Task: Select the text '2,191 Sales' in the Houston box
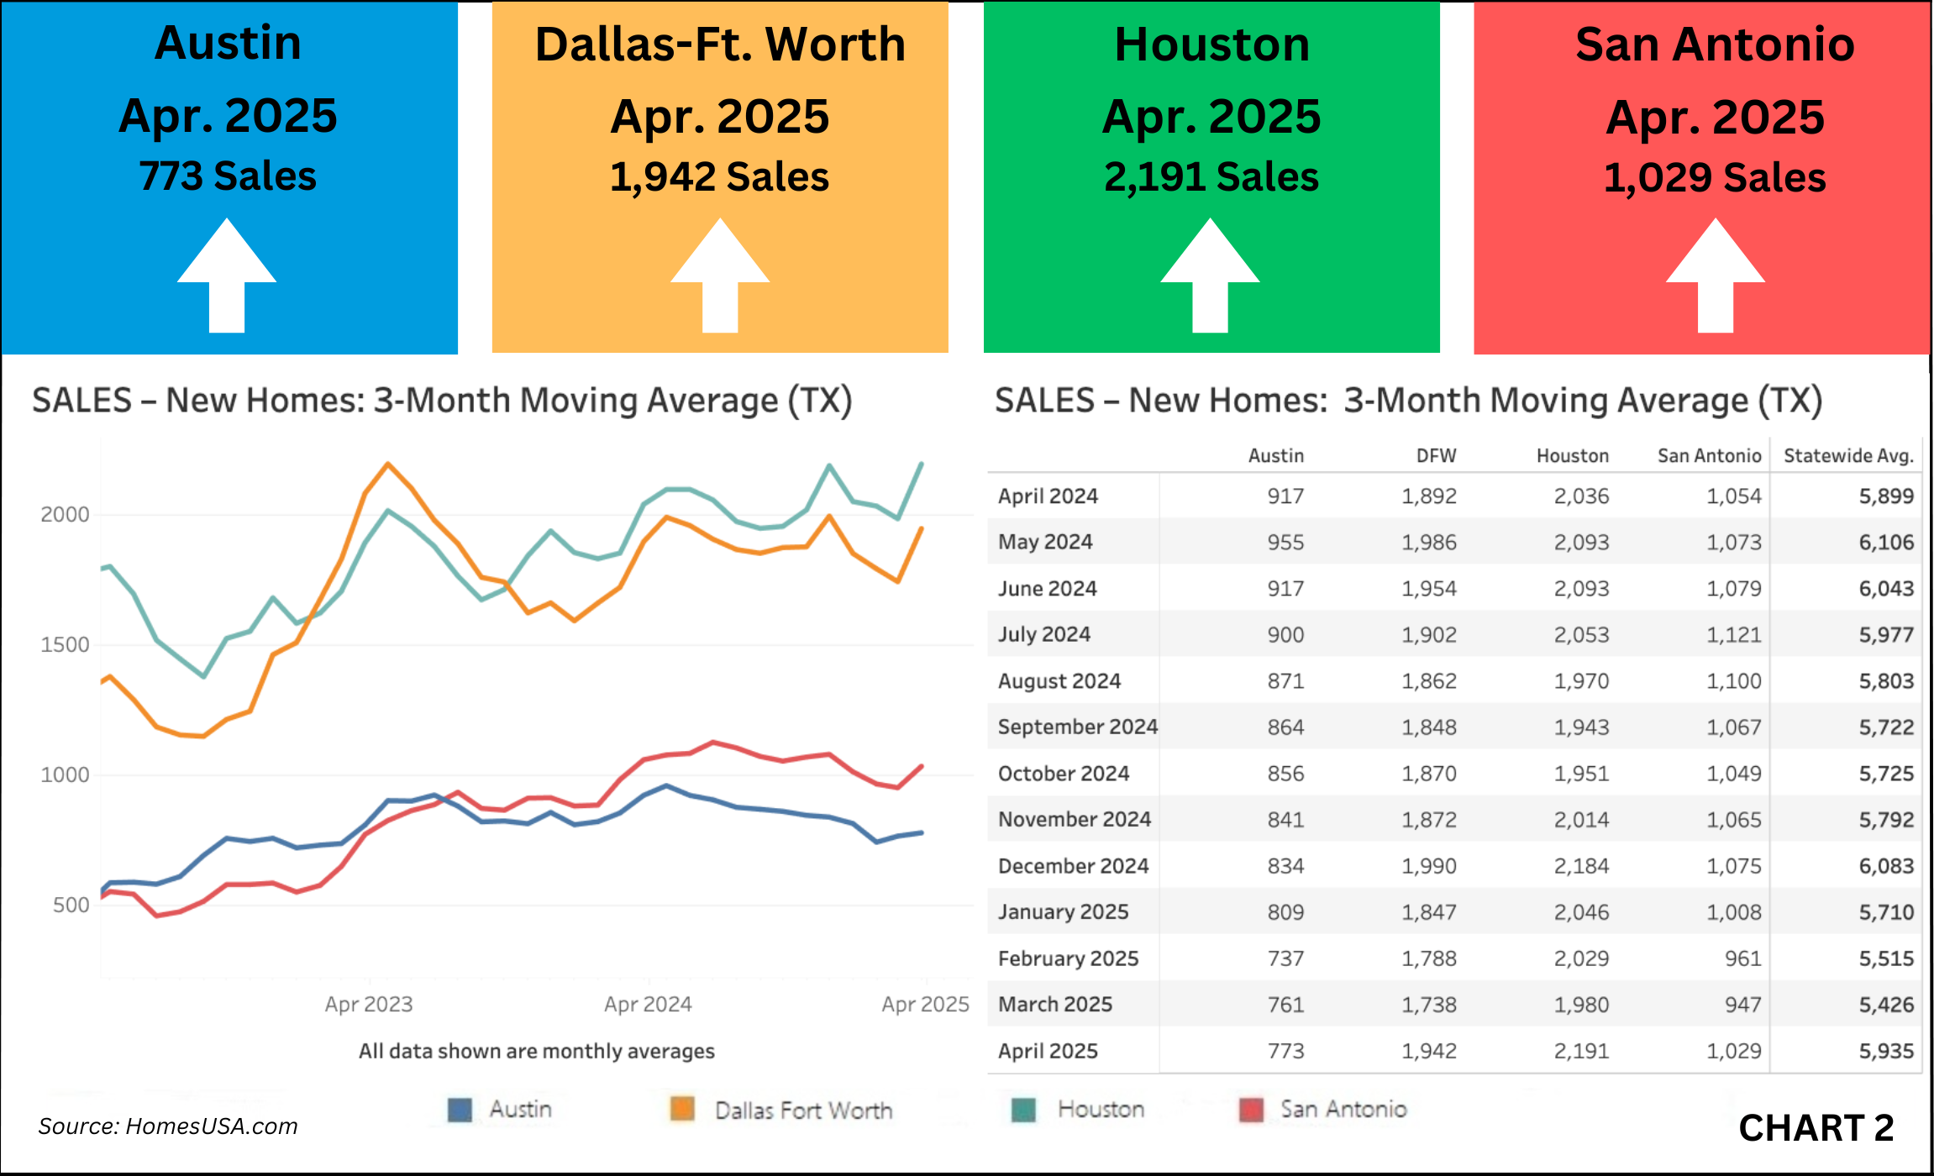(x=1211, y=177)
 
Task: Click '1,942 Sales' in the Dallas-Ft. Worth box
(x=719, y=177)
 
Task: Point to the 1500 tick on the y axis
(x=65, y=644)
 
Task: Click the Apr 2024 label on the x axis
(x=648, y=1004)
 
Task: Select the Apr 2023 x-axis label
(x=369, y=1004)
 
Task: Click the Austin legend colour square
(x=460, y=1110)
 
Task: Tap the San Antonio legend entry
(x=1343, y=1110)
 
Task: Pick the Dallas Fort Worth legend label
(x=803, y=1110)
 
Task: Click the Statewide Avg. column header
(x=1848, y=455)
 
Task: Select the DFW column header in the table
(x=1436, y=455)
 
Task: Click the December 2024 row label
(x=1073, y=866)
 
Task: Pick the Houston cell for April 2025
(x=1581, y=1051)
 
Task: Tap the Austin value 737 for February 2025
(x=1285, y=958)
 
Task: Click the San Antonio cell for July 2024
(x=1733, y=635)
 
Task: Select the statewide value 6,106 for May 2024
(x=1886, y=543)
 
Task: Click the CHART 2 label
(x=1816, y=1127)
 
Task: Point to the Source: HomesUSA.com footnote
(x=168, y=1126)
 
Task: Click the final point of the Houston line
(x=922, y=464)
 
